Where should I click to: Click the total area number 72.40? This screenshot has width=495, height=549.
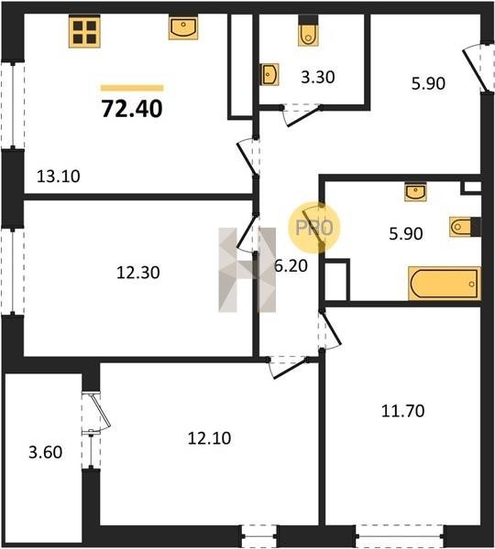point(132,109)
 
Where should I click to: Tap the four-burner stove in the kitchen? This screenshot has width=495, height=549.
point(84,32)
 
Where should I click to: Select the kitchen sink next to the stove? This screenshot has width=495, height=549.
point(183,27)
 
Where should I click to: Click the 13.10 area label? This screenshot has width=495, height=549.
point(59,176)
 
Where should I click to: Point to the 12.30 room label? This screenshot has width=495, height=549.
point(137,273)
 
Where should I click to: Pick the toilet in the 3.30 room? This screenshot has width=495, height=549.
point(308,31)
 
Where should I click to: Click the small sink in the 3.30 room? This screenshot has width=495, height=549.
point(269,74)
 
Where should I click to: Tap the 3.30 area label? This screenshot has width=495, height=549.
point(318,77)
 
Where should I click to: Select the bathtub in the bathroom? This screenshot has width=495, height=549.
point(445,284)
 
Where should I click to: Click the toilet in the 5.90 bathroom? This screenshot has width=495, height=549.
point(465,227)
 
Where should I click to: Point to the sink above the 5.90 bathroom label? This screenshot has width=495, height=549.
point(415,192)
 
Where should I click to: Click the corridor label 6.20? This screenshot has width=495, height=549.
point(291,266)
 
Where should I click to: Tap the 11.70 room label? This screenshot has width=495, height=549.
point(402,411)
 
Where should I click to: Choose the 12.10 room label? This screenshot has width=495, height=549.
point(209,438)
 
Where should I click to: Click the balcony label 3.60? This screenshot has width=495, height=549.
point(46,452)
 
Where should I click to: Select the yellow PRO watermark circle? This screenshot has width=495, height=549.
point(314,228)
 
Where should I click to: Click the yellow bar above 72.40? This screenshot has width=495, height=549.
point(132,88)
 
